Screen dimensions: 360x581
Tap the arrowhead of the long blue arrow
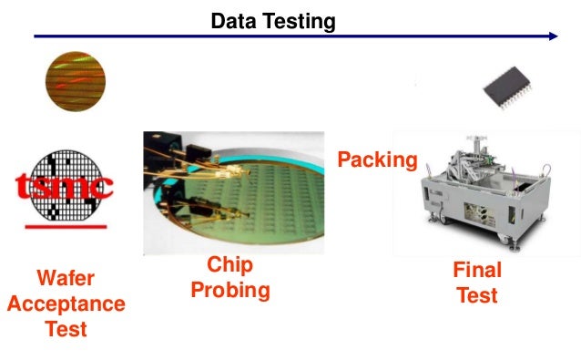552,36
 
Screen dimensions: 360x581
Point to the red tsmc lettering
65,189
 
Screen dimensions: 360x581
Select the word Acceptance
66,303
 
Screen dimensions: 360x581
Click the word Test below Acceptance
66,327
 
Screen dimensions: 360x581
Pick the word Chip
229,266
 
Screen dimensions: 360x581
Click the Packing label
378,161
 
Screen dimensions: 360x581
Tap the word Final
477,272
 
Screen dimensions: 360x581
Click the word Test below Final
477,295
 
